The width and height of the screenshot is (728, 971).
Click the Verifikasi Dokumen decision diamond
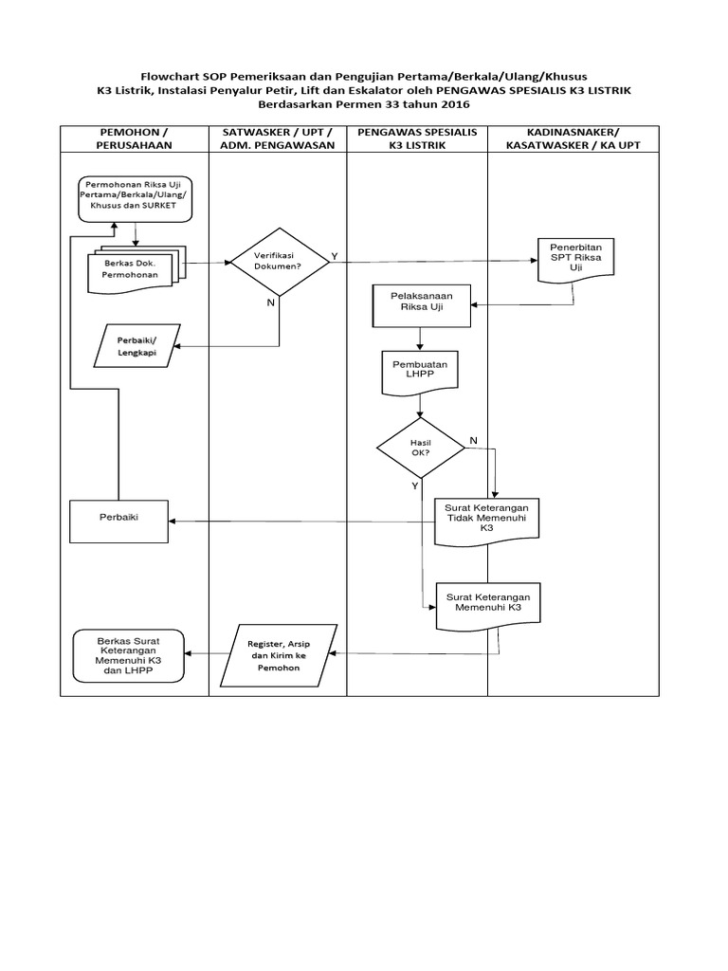pyautogui.click(x=279, y=262)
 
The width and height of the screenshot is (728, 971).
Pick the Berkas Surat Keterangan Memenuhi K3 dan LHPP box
pyautogui.click(x=129, y=654)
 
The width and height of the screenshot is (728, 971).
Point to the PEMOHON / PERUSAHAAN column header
pyautogui.click(x=135, y=137)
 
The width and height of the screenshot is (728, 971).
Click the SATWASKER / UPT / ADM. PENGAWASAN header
pyautogui.click(x=278, y=137)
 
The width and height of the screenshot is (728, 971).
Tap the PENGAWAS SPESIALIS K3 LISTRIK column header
pyautogui.click(x=417, y=137)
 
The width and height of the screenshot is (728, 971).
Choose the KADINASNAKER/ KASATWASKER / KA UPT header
pyautogui.click(x=573, y=137)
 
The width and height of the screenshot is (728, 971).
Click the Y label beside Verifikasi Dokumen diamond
pyautogui.click(x=334, y=257)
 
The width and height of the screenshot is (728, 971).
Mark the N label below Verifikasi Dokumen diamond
pyautogui.click(x=272, y=302)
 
